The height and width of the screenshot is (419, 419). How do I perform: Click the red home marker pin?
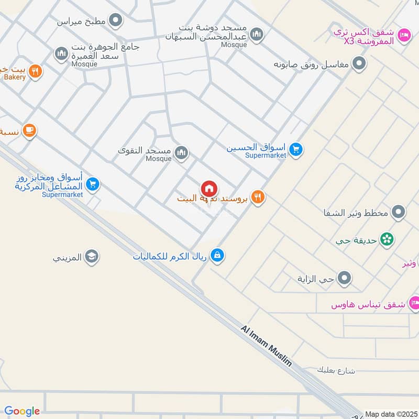pos(209,189)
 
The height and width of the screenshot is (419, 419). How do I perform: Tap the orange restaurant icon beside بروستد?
pos(258,197)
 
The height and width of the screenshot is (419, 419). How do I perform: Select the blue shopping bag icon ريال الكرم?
pos(217,256)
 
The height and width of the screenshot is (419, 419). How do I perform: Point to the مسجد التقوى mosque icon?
pos(181,153)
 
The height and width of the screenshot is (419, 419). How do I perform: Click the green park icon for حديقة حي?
pos(387,239)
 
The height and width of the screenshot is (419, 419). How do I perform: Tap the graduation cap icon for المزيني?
pos(92,256)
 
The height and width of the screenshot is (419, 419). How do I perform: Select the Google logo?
pos(22,411)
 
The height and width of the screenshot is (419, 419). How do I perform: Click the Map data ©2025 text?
pos(390,414)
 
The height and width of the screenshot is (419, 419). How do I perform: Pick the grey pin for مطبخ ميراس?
pos(116,21)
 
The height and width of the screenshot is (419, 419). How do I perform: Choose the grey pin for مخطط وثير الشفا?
pos(399,212)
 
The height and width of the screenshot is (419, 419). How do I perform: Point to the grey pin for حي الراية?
pos(344,278)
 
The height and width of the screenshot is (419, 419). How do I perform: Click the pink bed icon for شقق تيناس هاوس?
pos(414,303)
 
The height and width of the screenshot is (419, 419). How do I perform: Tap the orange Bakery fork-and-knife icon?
pos(35,71)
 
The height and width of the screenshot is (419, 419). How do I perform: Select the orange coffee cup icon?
pos(29,130)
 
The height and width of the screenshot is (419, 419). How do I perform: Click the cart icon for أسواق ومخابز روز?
pos(93,184)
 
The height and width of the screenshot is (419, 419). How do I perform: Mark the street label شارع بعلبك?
pos(336,371)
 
